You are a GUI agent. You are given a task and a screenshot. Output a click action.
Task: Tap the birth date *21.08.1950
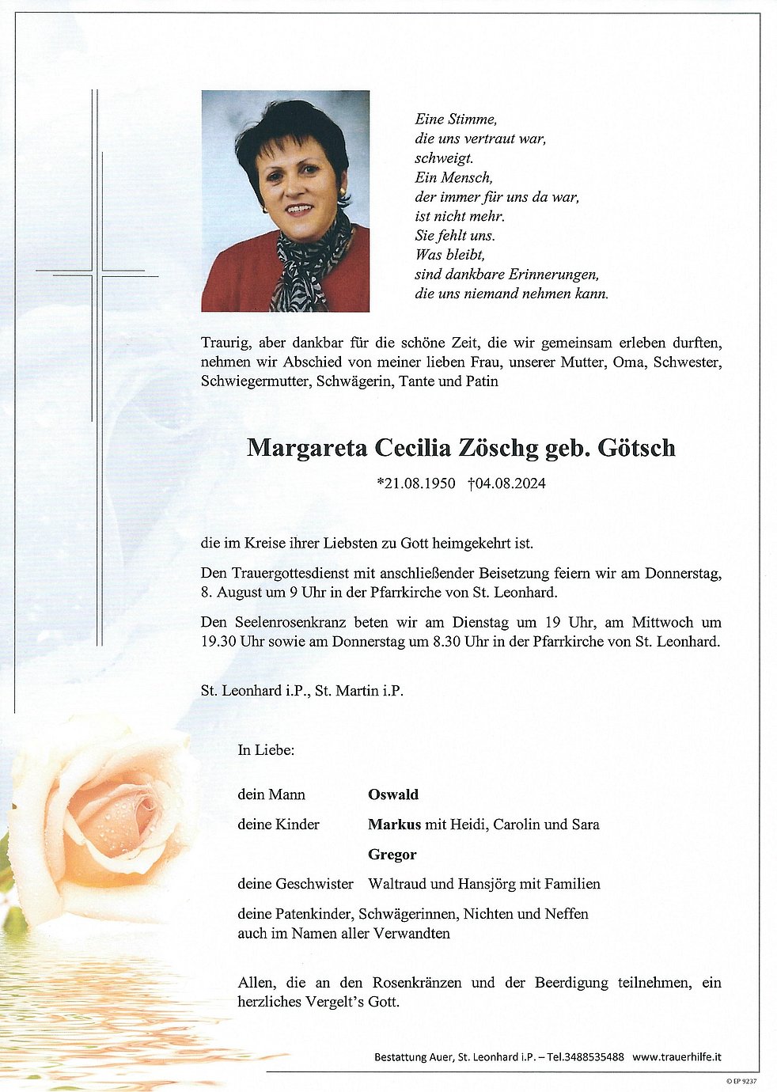click(x=416, y=483)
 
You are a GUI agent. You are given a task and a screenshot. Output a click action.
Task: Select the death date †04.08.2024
click(x=506, y=483)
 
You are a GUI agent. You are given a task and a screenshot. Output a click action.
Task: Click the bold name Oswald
click(x=393, y=794)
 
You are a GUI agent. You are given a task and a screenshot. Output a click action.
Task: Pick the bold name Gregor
click(x=392, y=855)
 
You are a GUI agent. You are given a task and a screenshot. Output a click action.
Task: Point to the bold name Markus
click(x=394, y=825)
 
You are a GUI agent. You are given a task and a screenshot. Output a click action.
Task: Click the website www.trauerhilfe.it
click(x=677, y=1057)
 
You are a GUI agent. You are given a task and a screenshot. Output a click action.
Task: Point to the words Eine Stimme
click(x=456, y=119)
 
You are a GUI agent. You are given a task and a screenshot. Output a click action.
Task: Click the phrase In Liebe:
click(x=266, y=750)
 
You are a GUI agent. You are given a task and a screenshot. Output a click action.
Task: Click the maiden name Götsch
click(x=636, y=448)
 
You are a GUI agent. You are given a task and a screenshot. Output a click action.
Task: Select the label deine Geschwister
click(x=295, y=884)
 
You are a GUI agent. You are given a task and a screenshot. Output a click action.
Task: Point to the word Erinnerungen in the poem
click(x=554, y=275)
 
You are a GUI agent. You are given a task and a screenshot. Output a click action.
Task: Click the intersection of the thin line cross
click(x=98, y=275)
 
